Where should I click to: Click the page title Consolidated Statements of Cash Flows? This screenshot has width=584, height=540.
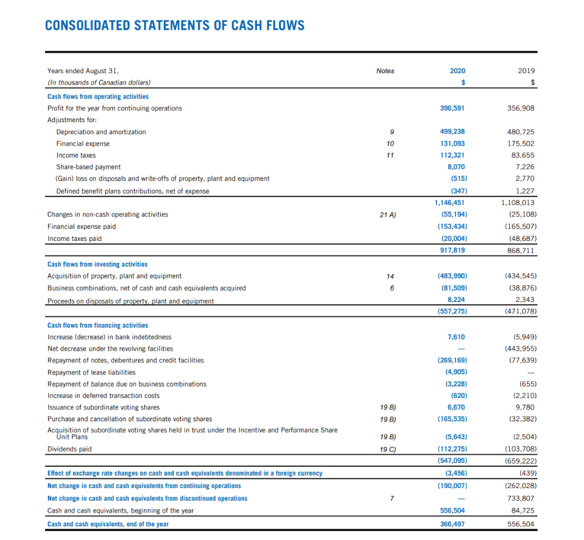coord(175,26)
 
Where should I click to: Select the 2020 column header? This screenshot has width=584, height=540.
coord(457,71)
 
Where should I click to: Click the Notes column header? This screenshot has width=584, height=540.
coord(386,71)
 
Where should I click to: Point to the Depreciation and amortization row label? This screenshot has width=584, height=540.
coord(101,132)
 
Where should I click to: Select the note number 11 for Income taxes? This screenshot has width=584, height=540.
coord(390,155)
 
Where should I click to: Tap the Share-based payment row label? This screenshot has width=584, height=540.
coord(88,167)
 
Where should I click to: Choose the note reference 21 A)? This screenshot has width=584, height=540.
coord(388,215)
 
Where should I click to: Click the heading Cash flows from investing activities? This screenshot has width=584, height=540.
coord(97,264)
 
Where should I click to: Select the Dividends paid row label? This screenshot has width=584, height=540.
coord(70,449)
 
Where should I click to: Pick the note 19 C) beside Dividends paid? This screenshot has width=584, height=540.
coord(388,449)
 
